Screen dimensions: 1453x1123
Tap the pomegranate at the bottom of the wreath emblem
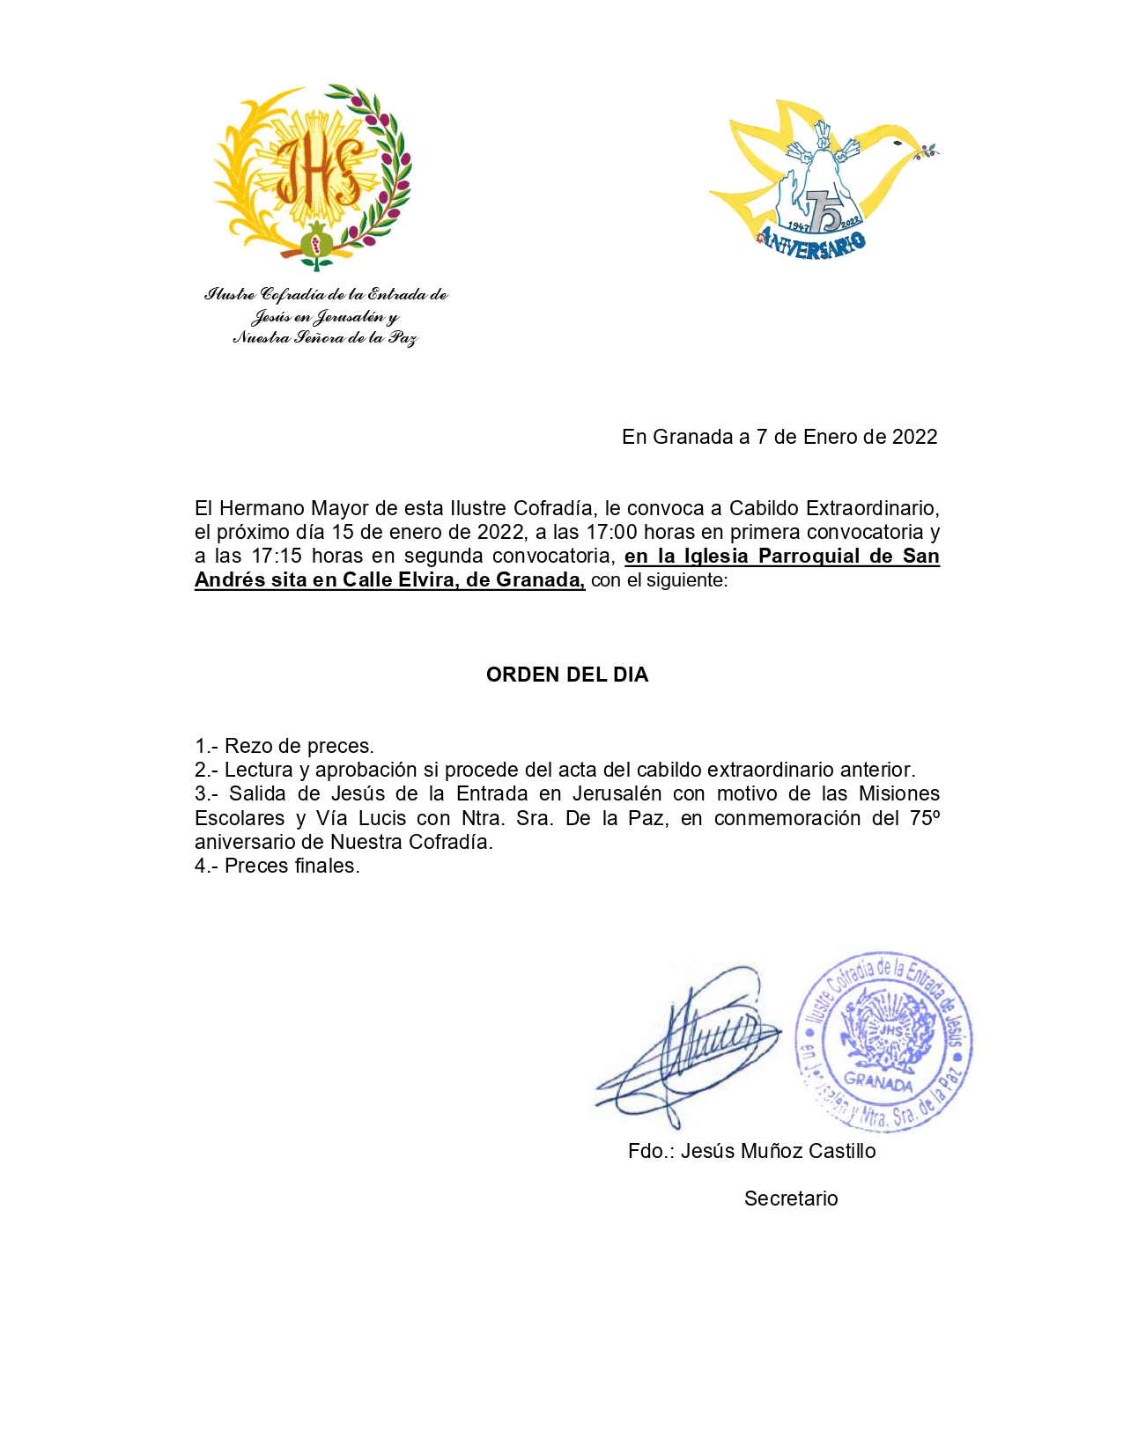(x=316, y=240)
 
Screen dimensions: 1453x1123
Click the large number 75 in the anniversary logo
(x=824, y=211)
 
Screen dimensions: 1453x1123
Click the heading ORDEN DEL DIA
(x=567, y=675)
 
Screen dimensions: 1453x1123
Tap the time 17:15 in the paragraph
(x=277, y=556)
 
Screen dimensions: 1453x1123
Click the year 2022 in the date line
(x=914, y=437)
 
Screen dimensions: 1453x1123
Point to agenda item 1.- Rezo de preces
(x=284, y=746)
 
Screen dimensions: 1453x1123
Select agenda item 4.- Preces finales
(x=277, y=866)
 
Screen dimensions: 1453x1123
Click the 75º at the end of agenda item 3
(x=925, y=818)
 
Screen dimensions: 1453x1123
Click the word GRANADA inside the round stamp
(x=878, y=1081)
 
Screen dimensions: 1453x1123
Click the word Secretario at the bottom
(x=791, y=1199)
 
